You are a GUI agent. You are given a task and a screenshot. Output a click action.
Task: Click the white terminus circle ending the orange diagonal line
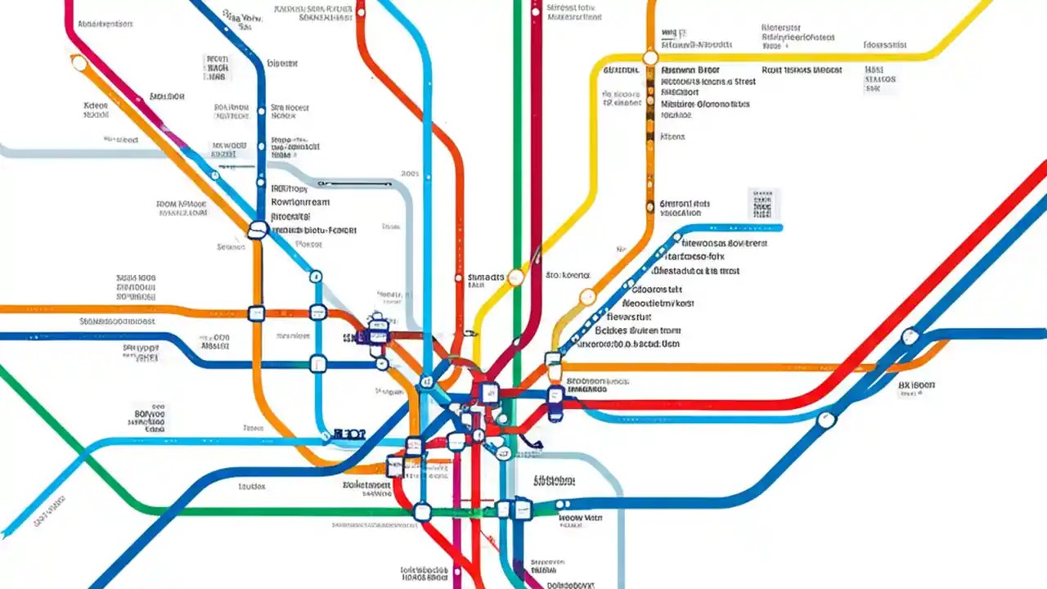(x=80, y=63)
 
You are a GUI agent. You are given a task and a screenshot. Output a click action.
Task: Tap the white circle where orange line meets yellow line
(x=650, y=58)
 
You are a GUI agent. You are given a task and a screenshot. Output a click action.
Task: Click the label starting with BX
(x=916, y=384)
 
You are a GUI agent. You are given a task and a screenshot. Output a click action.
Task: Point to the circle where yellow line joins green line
(x=515, y=277)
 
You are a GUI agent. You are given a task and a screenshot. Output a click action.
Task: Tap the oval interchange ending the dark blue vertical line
(x=258, y=230)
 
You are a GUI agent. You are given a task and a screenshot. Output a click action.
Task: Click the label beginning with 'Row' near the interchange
(x=300, y=201)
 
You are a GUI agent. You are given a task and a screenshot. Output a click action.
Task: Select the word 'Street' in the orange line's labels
(x=744, y=82)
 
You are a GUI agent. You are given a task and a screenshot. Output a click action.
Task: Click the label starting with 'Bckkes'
(x=637, y=330)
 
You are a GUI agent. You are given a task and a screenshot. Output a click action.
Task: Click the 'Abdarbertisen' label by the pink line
(x=105, y=25)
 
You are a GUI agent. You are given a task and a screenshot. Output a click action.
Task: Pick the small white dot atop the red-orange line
(x=360, y=11)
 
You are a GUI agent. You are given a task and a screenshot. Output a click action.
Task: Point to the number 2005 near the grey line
(x=410, y=174)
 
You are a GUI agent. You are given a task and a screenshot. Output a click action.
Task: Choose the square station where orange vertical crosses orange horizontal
(x=256, y=312)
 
